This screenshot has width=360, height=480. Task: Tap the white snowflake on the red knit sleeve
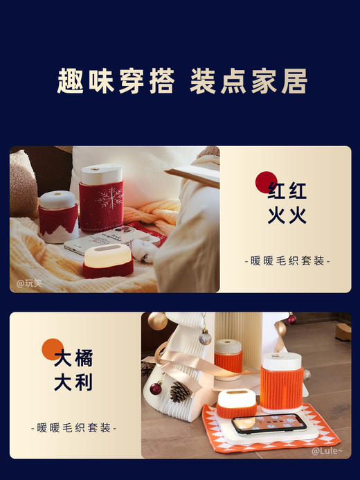click(109, 200)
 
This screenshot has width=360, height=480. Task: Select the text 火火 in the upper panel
click(287, 215)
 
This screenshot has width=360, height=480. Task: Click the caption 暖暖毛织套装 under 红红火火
click(287, 261)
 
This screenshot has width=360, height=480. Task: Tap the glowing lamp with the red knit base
click(107, 260)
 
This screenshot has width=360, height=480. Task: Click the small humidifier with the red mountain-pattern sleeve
click(58, 214)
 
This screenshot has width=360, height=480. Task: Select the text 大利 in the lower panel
click(73, 382)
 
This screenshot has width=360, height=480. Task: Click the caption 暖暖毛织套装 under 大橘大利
click(76, 428)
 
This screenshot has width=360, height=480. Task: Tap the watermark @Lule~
click(327, 450)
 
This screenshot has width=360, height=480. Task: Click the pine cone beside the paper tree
click(180, 391)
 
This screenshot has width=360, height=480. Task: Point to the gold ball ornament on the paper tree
click(157, 322)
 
